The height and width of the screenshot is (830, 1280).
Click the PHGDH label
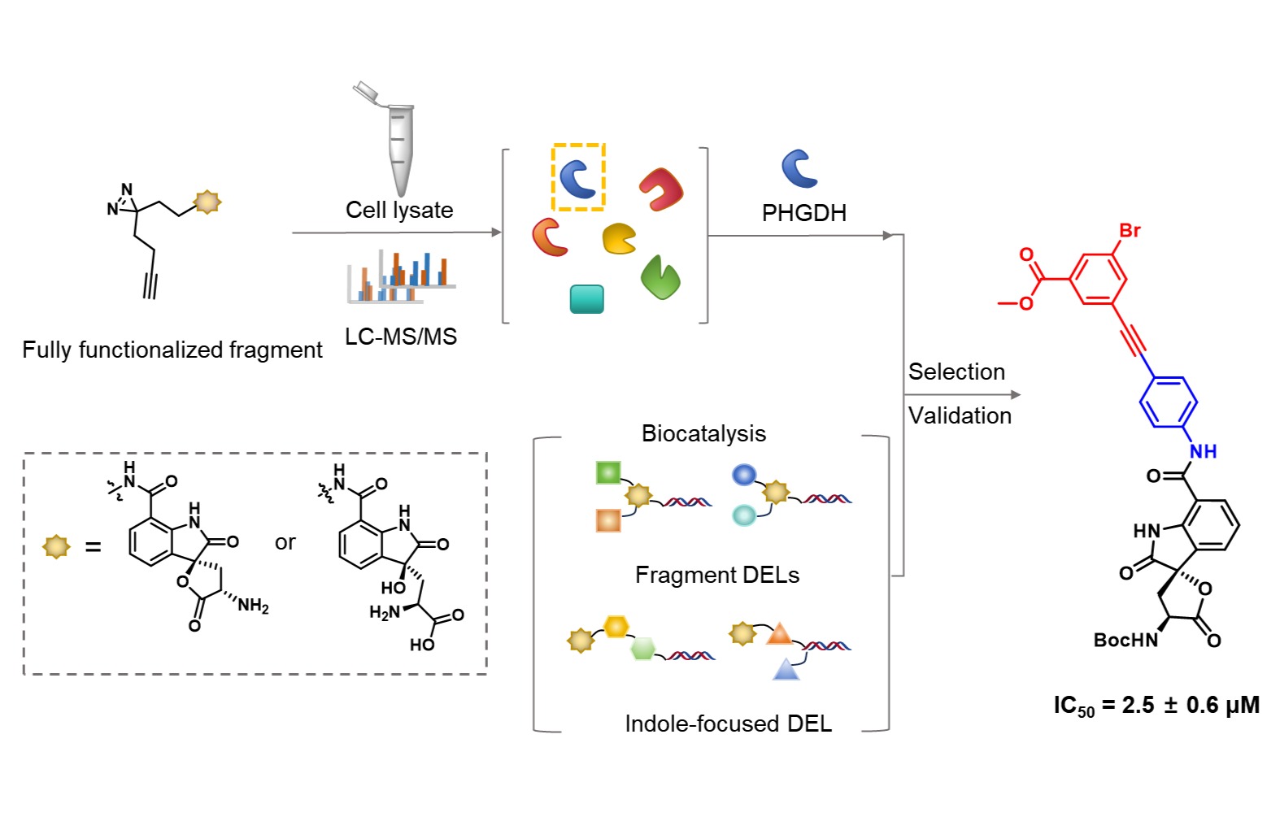(x=803, y=213)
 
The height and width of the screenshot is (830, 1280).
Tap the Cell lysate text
(x=399, y=210)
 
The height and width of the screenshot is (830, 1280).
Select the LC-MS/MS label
(x=401, y=337)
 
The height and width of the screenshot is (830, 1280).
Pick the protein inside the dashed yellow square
(x=578, y=178)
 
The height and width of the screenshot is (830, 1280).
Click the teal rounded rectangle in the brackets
(x=586, y=299)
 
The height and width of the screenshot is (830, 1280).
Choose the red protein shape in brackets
(x=662, y=189)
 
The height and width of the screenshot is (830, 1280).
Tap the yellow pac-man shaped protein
(x=619, y=238)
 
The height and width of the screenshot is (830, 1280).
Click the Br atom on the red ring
(x=1130, y=230)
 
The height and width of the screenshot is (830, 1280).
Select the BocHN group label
(x=1125, y=641)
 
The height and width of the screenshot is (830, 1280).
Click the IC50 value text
(x=1156, y=705)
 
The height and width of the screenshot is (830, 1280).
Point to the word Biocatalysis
(x=703, y=433)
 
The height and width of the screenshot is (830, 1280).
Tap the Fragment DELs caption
(x=716, y=576)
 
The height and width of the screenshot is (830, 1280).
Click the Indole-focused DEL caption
(x=728, y=724)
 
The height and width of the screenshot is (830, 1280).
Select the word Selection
(x=956, y=372)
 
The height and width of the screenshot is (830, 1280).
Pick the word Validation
(x=960, y=415)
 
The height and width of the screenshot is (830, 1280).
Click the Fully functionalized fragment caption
(x=172, y=350)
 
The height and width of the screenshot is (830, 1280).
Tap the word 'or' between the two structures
(x=285, y=542)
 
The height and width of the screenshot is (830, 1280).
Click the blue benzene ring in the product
(x=1168, y=402)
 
